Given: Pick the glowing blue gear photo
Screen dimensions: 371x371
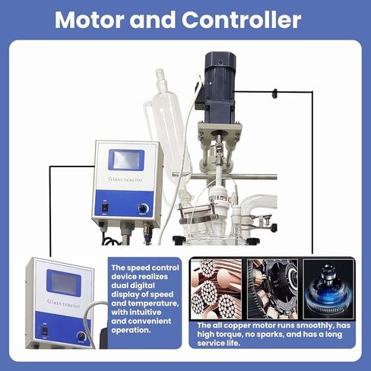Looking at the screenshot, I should [x=327, y=287].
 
